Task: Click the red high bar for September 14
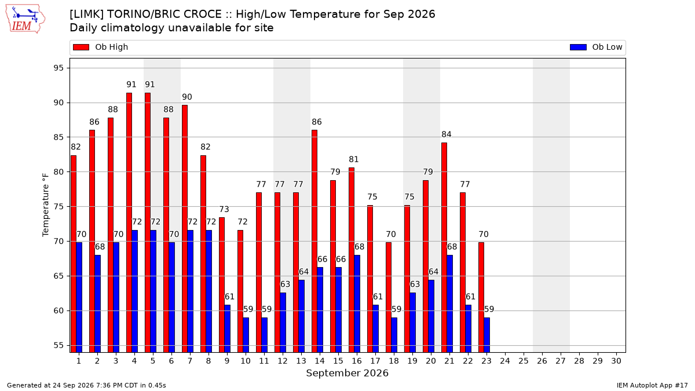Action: pyautogui.click(x=314, y=241)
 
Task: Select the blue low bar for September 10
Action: pyautogui.click(x=246, y=335)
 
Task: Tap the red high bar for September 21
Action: pyautogui.click(x=444, y=248)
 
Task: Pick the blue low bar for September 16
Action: pyautogui.click(x=357, y=304)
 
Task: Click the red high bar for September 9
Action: pyautogui.click(x=221, y=285)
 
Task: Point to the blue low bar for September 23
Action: pyautogui.click(x=487, y=335)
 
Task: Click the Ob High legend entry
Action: pyautogui.click(x=100, y=47)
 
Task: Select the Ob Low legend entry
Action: pyautogui.click(x=596, y=47)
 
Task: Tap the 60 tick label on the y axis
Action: pyautogui.click(x=58, y=310)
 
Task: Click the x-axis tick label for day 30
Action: pyautogui.click(x=616, y=361)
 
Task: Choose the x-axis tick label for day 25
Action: pyautogui.click(x=524, y=361)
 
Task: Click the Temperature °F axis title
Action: pyautogui.click(x=46, y=205)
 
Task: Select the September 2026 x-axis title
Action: pyautogui.click(x=347, y=373)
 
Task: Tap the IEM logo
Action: pyautogui.click(x=25, y=19)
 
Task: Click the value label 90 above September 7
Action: pyautogui.click(x=186, y=97)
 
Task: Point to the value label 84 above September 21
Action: pyautogui.click(x=446, y=134)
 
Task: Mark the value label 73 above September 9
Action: pyautogui.click(x=224, y=209)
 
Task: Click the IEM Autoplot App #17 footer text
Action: pyautogui.click(x=652, y=385)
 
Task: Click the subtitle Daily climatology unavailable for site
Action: pyautogui.click(x=171, y=28)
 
